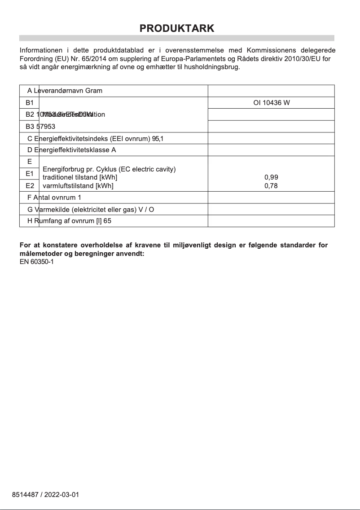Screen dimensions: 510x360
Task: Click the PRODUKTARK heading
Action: tap(177, 28)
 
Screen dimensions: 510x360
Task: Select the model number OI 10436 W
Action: tap(271, 103)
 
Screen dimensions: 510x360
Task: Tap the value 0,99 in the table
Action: tap(271, 178)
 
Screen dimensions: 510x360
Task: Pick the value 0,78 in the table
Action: tap(271, 186)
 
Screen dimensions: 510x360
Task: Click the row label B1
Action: tap(30, 103)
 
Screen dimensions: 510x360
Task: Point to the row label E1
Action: tap(30, 173)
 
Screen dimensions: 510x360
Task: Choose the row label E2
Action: tap(30, 185)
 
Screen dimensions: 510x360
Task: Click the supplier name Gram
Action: tap(94, 91)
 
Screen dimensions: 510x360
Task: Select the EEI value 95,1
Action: tap(158, 138)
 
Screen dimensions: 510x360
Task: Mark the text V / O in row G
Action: tap(146, 210)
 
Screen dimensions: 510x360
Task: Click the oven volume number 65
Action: tap(107, 221)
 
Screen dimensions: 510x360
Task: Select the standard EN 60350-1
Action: tap(37, 262)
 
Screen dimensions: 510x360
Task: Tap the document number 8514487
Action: tap(25, 495)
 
